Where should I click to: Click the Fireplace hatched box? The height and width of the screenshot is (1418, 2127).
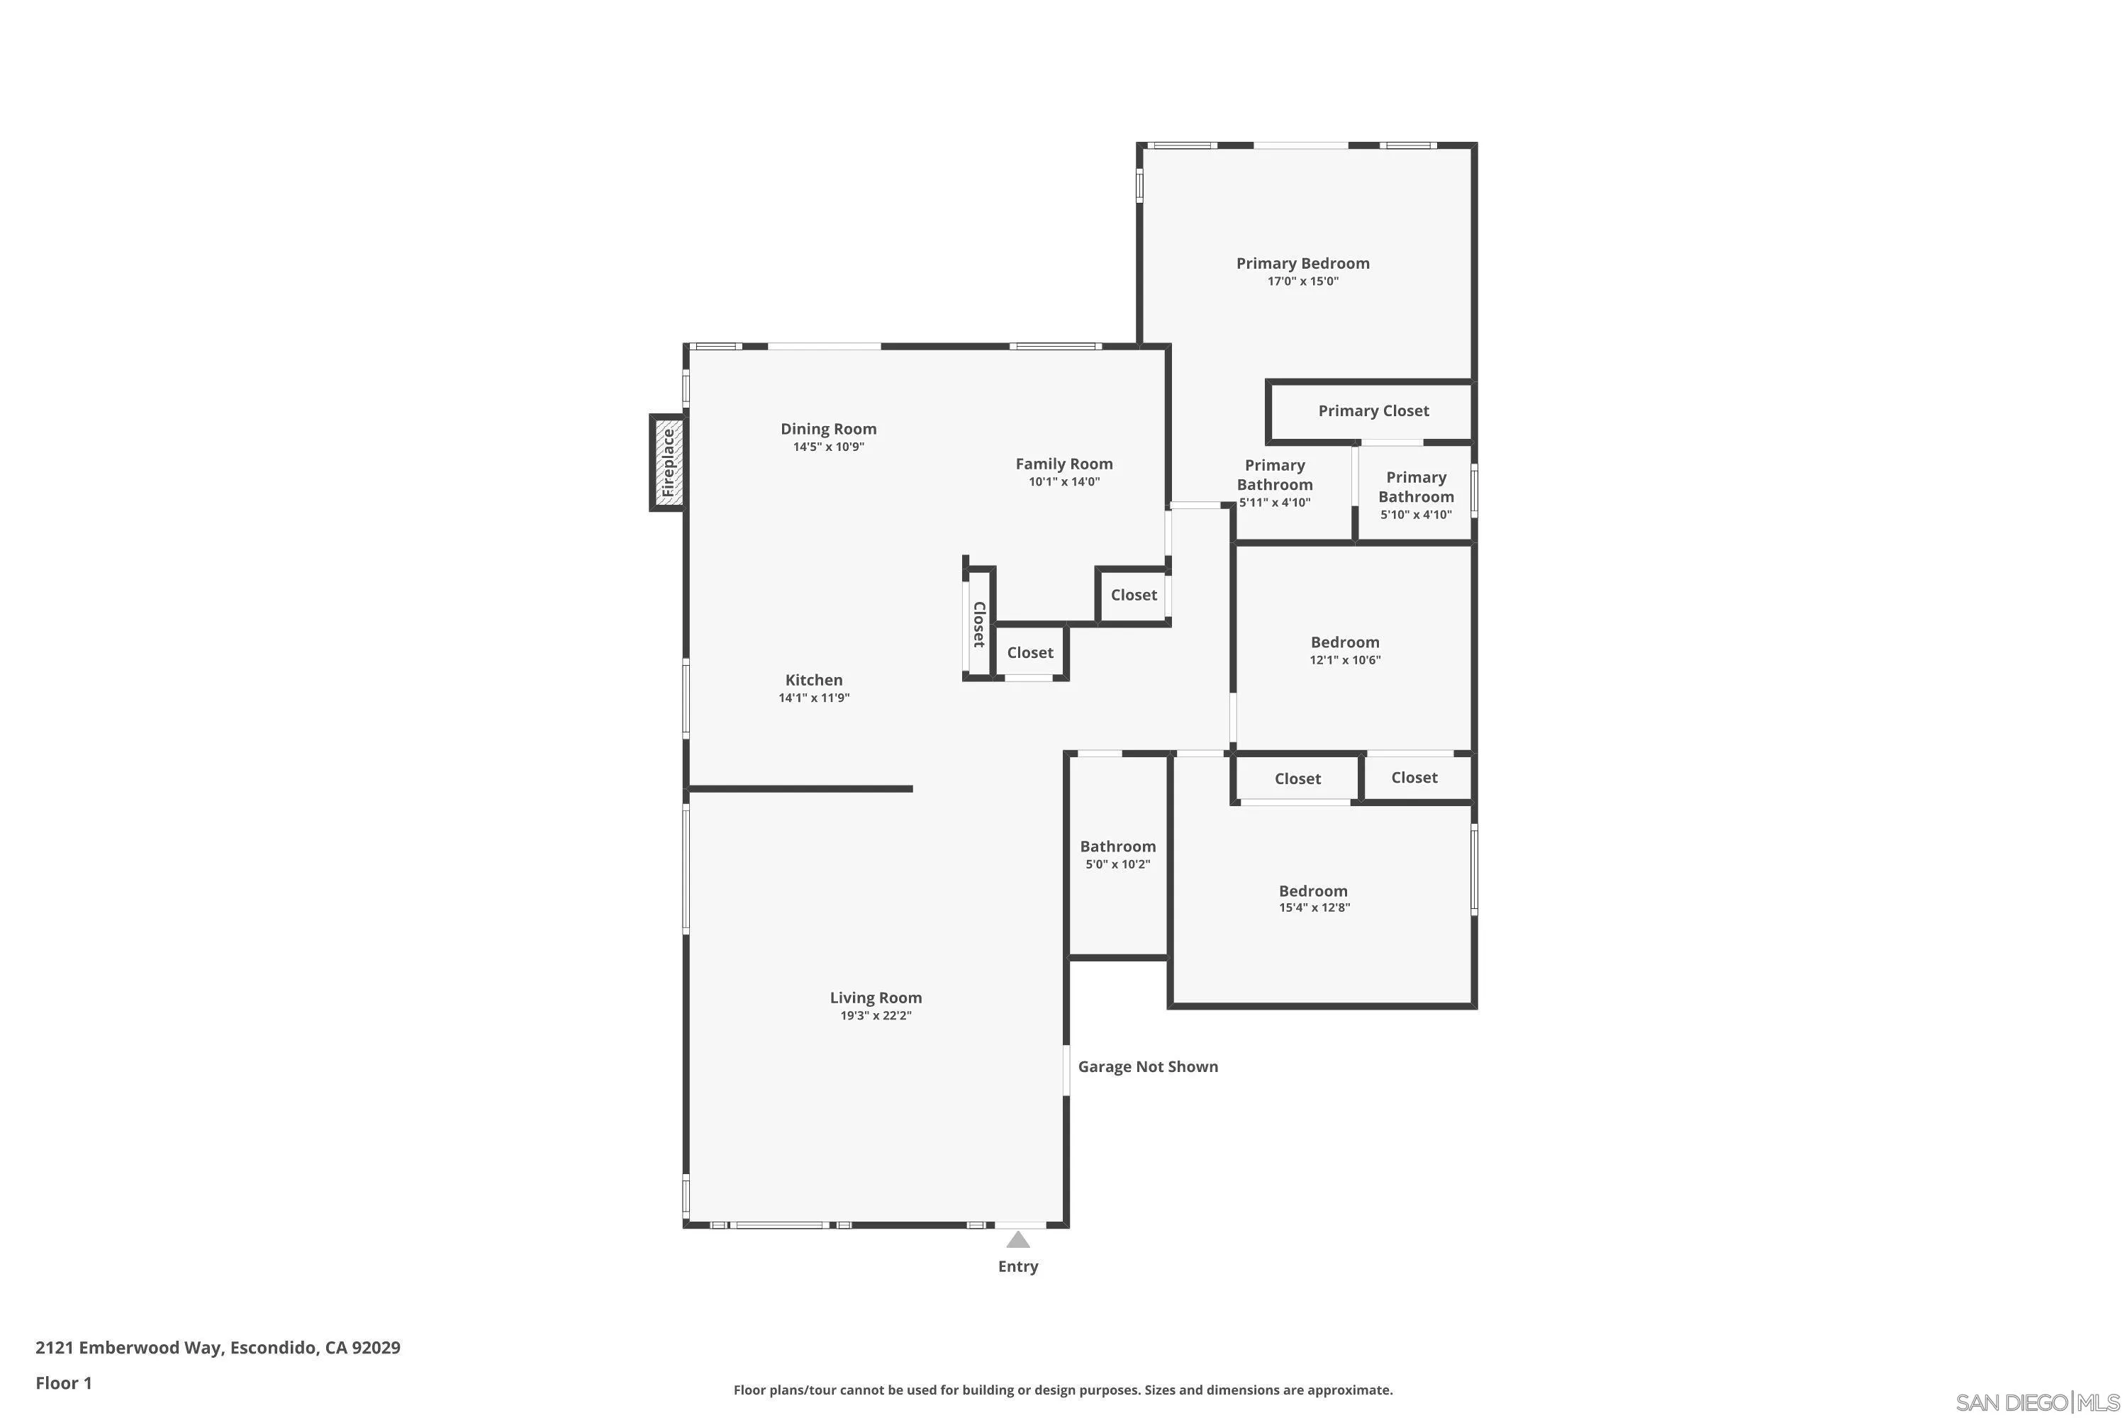click(667, 463)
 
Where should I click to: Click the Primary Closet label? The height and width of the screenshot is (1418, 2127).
click(1373, 411)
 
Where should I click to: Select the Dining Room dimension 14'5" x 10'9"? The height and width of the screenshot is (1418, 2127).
click(828, 447)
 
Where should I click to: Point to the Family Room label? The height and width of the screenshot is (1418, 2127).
click(1063, 464)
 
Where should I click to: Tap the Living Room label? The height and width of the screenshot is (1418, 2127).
click(876, 998)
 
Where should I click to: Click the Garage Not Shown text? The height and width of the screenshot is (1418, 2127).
click(1148, 1067)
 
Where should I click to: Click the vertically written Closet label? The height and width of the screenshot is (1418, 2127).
click(978, 624)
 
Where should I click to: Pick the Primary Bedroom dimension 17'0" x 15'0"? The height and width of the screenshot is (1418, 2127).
click(1302, 281)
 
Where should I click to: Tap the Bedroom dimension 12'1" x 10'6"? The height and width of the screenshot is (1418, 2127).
click(1345, 660)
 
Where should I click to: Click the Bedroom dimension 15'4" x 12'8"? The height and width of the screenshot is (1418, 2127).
click(1314, 908)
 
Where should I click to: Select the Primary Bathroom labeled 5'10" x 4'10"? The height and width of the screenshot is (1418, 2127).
click(1415, 496)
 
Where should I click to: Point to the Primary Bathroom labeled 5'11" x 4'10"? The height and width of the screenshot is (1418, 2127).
click(1274, 483)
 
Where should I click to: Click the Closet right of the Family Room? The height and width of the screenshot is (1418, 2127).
click(1133, 595)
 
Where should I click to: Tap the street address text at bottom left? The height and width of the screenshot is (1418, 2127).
click(218, 1348)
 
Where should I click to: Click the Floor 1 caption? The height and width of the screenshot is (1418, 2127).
click(63, 1383)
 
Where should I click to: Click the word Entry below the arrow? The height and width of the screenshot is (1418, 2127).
click(1017, 1267)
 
